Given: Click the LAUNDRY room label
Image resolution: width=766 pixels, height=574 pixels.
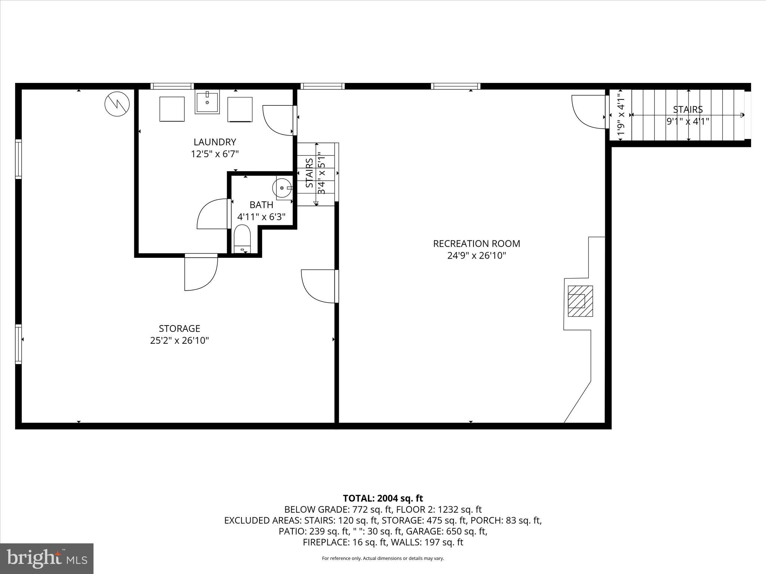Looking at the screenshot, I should pos(215,142).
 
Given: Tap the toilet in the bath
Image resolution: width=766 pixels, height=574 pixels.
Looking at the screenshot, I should pos(242,238).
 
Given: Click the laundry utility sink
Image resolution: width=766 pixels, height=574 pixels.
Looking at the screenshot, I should pos(207,102).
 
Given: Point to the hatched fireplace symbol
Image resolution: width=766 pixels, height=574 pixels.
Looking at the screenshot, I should pos(580,301).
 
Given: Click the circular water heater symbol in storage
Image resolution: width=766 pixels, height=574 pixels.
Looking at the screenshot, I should pos(117,104).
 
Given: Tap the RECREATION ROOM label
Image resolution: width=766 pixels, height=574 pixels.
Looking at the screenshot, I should pos(477,244).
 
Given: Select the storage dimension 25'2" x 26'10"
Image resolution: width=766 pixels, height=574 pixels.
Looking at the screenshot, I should pos(180,340).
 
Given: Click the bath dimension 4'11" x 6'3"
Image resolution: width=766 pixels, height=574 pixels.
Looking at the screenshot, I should pos(261,217).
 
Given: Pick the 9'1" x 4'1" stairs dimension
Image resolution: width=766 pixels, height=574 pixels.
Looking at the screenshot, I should pos(688,121).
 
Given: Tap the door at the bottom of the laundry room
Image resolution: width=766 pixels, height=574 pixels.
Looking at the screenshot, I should pos(201,273).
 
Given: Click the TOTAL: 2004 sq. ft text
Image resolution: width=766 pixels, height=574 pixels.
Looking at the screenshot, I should pos(383,498).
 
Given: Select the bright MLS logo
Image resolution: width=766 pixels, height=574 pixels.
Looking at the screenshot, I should pos(47,558).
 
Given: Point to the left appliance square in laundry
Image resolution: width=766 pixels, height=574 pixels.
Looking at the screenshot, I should pos(172,109).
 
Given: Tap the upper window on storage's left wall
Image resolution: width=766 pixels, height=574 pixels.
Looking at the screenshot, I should pos(18,159).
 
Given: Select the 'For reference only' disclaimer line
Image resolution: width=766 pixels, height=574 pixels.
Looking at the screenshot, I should pos(383,558).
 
